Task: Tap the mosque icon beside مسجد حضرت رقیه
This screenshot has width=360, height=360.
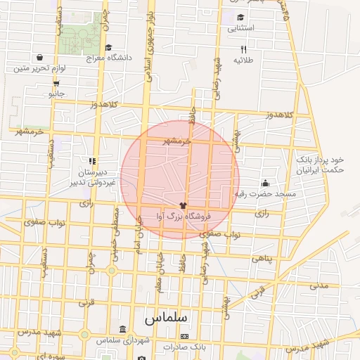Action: point(265,184)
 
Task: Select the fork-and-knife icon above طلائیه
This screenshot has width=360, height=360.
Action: point(243,49)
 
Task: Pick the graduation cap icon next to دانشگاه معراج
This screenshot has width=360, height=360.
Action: point(108,48)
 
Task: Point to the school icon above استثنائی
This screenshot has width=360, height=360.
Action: point(241,18)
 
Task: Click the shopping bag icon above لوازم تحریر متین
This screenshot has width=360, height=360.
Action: point(39,58)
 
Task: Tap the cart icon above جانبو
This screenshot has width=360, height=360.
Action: point(56,82)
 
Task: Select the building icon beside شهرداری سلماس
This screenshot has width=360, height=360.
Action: point(123,330)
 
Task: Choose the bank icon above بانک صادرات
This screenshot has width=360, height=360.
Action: point(185,337)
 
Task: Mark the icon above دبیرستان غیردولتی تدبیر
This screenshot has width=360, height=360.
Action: point(92,161)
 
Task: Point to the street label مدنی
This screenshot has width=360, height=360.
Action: point(319,285)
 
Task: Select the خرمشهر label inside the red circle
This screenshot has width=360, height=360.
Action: point(177,141)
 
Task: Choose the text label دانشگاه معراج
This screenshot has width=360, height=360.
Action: point(105,58)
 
